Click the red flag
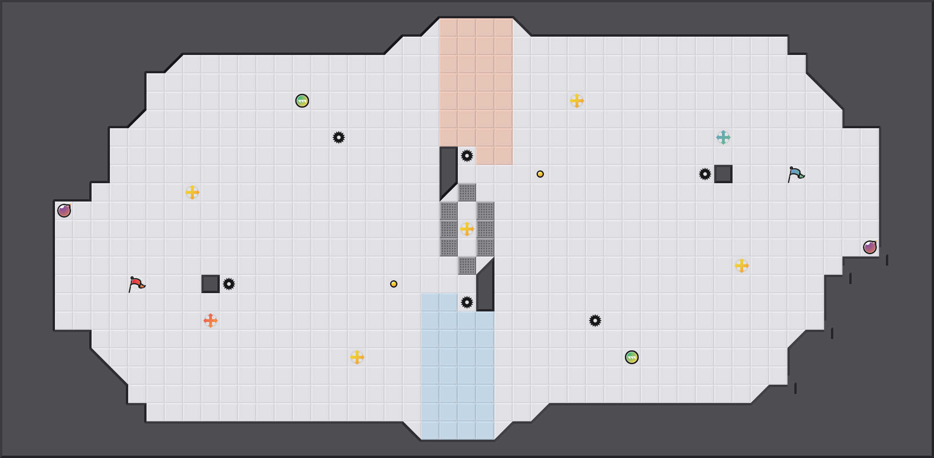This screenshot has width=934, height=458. (x=136, y=284)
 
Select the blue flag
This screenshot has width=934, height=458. (x=796, y=174)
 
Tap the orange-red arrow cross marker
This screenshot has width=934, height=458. (x=211, y=321)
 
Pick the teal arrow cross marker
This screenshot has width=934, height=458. (x=723, y=137)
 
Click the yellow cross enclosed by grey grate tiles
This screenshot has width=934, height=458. (x=467, y=229)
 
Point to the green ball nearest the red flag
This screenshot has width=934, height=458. (x=302, y=101)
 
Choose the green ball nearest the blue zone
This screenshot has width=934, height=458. (x=632, y=357)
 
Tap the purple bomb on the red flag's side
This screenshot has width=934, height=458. (x=64, y=211)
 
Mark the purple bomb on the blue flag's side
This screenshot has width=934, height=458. (x=870, y=247)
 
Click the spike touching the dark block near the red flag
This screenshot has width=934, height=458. (x=229, y=284)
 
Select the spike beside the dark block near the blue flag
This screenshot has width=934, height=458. (x=705, y=174)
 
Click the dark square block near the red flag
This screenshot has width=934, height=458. (x=211, y=284)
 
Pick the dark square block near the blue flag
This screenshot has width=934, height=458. (x=723, y=174)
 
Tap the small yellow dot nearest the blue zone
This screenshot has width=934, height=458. (x=394, y=284)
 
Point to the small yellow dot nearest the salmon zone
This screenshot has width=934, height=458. (x=540, y=174)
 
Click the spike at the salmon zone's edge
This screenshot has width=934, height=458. (x=467, y=156)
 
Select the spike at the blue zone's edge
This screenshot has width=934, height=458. (x=467, y=302)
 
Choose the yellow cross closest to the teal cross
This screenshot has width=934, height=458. (x=742, y=266)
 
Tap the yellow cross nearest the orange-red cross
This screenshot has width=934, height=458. (x=192, y=192)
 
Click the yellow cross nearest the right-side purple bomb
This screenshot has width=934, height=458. (x=742, y=266)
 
